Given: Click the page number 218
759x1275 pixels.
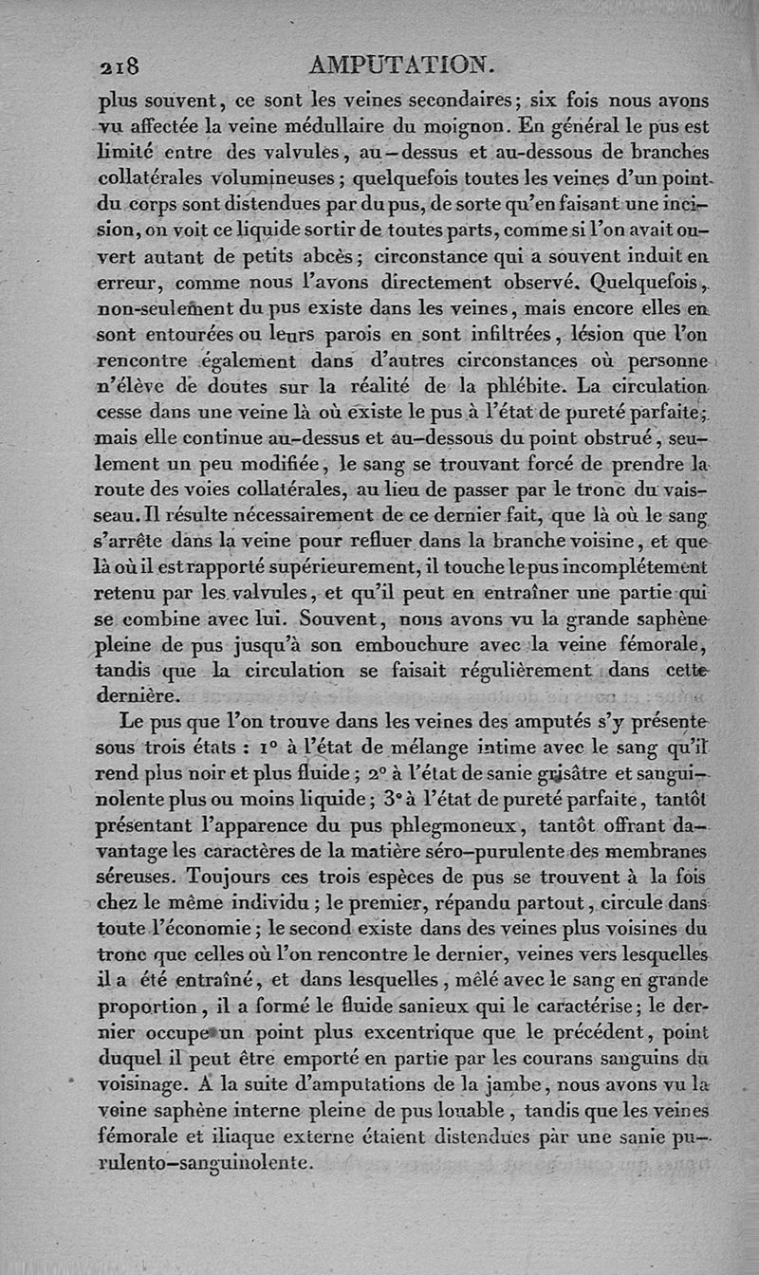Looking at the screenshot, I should point(120,65).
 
